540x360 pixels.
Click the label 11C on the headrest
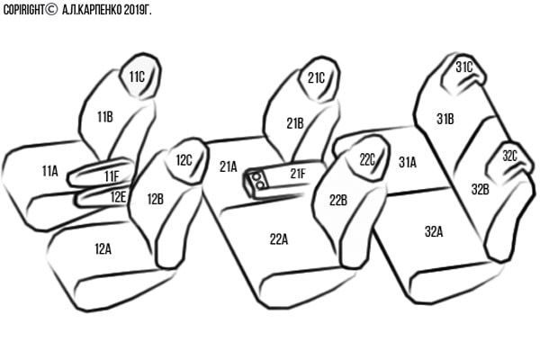[x=137, y=76]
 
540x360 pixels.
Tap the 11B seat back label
[x=105, y=117]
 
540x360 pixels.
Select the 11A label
[x=49, y=171]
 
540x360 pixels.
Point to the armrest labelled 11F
[x=101, y=173]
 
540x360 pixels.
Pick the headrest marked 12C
[x=187, y=160]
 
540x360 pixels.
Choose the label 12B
[x=156, y=199]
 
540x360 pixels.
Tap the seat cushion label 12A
[x=103, y=248]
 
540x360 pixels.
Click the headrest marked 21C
[x=319, y=79]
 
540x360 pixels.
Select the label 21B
[x=295, y=123]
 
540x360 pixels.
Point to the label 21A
[x=229, y=166]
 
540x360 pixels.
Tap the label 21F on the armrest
[x=298, y=174]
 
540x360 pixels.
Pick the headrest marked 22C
[x=368, y=157]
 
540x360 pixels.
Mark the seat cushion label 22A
[x=279, y=239]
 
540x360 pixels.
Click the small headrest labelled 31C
[x=463, y=74]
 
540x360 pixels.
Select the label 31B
[x=445, y=119]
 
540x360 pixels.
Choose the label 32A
[x=434, y=232]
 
